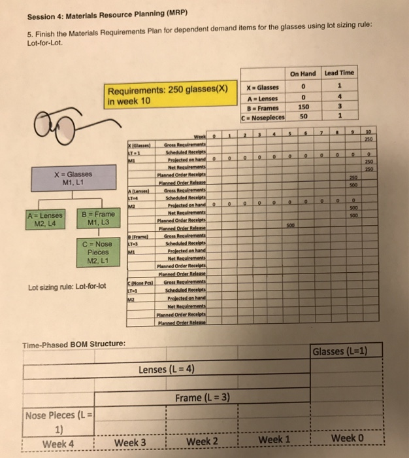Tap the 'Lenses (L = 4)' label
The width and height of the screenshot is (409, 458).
pyautogui.click(x=167, y=370)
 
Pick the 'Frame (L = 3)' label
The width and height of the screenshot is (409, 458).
pyautogui.click(x=203, y=398)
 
